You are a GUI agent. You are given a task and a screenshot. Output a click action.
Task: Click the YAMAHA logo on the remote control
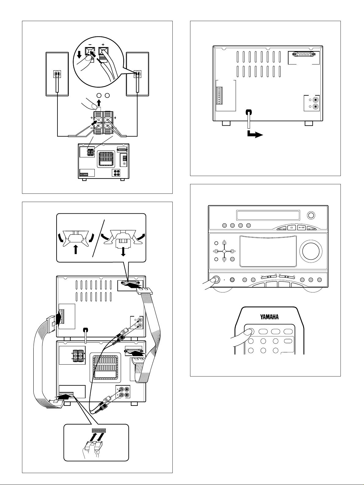pyautogui.click(x=269, y=317)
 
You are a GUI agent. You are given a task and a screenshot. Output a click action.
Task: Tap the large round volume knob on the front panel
pyautogui.click(x=311, y=251)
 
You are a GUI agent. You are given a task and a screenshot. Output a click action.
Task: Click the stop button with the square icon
pyautogui.click(x=292, y=227)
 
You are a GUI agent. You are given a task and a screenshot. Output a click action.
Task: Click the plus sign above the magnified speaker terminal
pyautogui.click(x=103, y=44)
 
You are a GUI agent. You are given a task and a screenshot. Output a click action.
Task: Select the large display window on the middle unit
pyautogui.click(x=268, y=251)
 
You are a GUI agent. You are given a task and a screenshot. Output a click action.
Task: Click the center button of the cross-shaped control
pyautogui.click(x=224, y=251)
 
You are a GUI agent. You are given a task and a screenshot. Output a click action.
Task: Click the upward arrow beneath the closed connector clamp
pyautogui.click(x=76, y=250)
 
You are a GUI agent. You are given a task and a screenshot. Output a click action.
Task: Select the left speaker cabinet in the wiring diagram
pyautogui.click(x=57, y=74)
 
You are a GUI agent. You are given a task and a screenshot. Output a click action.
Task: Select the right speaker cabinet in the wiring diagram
pyautogui.click(x=138, y=74)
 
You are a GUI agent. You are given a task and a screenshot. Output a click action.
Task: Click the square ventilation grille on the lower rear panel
pyautogui.click(x=105, y=370)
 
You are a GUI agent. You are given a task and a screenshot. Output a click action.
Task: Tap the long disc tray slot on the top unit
pyautogui.click(x=268, y=215)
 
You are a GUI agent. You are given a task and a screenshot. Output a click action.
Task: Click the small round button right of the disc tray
pyautogui.click(x=311, y=215)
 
